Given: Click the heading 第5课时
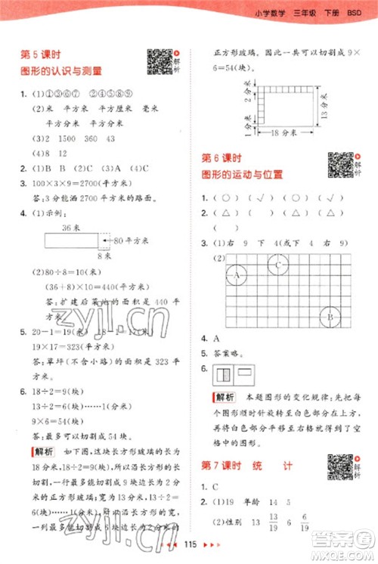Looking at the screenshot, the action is click(40, 55).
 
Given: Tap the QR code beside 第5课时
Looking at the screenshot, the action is click(159, 61).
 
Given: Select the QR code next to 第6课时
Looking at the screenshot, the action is click(339, 166).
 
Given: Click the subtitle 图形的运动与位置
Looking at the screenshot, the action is click(242, 175).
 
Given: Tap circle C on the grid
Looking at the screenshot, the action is click(280, 265).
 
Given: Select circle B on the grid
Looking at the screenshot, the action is click(330, 317).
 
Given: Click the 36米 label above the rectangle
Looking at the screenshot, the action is click(71, 227).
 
